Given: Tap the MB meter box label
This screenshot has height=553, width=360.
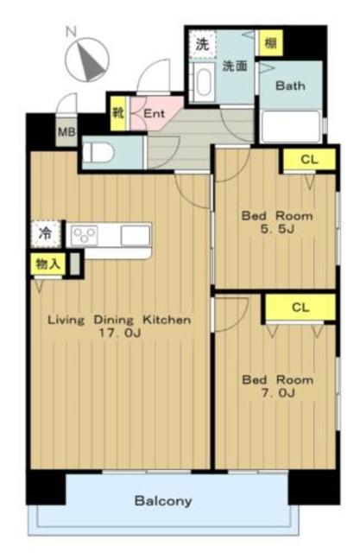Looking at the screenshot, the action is (66, 132).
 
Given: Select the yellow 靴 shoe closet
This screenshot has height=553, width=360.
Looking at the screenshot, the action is (118, 113).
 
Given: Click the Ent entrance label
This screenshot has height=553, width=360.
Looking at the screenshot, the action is (155, 114).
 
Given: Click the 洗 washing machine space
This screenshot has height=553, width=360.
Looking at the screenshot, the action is (202, 44).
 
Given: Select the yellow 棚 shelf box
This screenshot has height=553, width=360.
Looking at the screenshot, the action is (270, 43).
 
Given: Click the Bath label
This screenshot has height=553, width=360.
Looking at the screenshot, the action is (290, 86).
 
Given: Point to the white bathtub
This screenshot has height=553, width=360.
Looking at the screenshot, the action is (291, 126).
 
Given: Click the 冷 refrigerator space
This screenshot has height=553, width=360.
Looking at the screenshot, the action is (46, 233).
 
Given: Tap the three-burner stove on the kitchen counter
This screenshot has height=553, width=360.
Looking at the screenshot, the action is (85, 235).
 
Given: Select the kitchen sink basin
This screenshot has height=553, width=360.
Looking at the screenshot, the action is (136, 235).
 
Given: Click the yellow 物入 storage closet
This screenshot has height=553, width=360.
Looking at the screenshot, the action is (48, 264).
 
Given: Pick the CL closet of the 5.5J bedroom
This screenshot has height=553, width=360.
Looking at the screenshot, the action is (310, 159).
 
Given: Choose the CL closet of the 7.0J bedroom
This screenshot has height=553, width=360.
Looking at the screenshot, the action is (300, 308).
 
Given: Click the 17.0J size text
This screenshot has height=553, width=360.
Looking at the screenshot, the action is (120, 334).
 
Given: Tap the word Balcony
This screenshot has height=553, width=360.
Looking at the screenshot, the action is (163, 501).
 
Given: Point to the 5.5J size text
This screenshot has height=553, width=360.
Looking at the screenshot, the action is (277, 229).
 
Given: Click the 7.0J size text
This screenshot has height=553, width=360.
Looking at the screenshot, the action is (278, 393).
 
